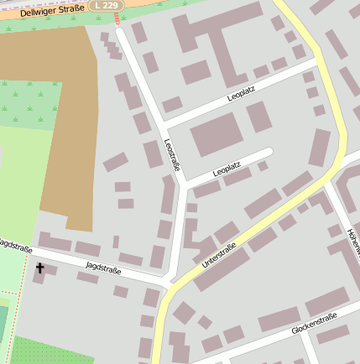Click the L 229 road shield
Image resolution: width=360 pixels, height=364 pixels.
pos(108,5)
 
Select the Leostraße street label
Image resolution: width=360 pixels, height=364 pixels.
pos(172,154)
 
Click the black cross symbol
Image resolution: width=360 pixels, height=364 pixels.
pos(39,268)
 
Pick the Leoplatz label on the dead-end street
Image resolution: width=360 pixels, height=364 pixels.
pos(227,169)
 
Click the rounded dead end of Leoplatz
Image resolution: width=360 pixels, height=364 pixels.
pos(269,152)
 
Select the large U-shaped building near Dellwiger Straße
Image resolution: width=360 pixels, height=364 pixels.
pos(210,42)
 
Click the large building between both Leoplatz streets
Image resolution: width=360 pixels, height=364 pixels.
pos(217,134)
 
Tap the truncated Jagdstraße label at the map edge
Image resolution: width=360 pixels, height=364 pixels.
pos(15,244)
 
